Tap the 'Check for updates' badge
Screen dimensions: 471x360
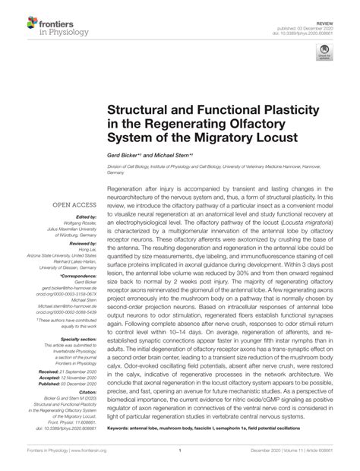click(x=324, y=55)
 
